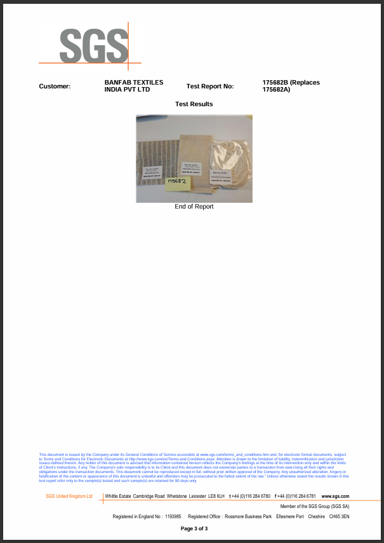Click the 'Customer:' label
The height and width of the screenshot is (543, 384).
[55, 86]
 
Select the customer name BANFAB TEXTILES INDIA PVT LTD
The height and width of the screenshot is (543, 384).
[133, 86]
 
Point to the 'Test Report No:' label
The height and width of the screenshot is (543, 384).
[210, 86]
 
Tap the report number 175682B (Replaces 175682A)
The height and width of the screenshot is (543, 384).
[291, 86]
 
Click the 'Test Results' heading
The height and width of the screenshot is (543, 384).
[194, 104]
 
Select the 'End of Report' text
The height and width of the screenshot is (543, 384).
[194, 207]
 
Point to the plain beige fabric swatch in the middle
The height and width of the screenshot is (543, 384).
[193, 153]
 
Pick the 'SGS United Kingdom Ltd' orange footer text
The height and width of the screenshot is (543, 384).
[69, 496]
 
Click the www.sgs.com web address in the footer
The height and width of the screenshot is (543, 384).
[336, 496]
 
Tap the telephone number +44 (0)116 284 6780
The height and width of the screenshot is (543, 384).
[249, 496]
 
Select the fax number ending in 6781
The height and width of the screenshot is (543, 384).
[295, 496]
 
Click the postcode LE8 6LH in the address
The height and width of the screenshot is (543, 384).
[216, 496]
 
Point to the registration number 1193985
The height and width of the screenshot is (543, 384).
[173, 516]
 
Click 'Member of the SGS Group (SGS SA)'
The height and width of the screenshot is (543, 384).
[315, 506]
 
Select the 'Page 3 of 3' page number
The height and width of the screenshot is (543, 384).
[194, 528]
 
